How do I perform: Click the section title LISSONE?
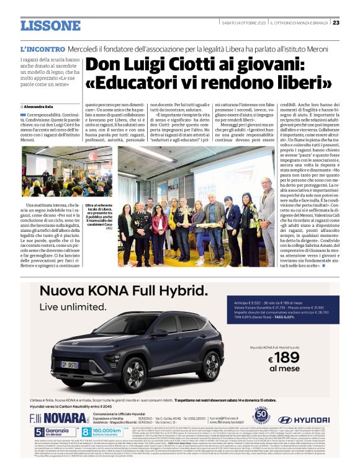[x=50, y=25]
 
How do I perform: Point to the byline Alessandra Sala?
[x=44, y=107]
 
